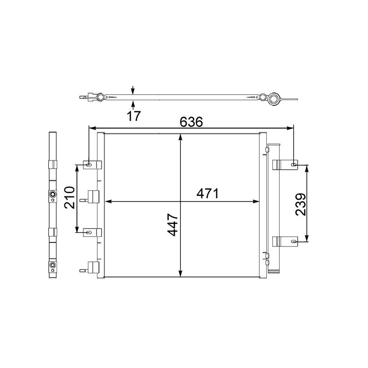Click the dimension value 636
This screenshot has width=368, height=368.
click(191, 122)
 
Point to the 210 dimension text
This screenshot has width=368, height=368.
click(69, 197)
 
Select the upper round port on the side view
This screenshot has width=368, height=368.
click(52, 195)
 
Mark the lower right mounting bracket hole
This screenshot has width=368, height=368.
click(294, 241)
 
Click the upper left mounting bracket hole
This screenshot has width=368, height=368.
click(89, 164)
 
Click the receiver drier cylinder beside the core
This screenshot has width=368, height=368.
click(275, 207)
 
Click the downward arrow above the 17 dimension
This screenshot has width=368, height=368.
click(132, 91)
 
